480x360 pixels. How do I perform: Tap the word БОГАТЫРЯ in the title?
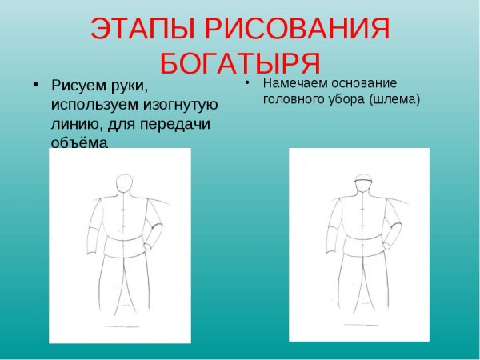click(x=240, y=62)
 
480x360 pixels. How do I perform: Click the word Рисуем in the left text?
click(x=77, y=85)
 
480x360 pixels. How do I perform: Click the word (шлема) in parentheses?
click(x=394, y=99)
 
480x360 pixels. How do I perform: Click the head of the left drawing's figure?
click(x=123, y=185)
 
